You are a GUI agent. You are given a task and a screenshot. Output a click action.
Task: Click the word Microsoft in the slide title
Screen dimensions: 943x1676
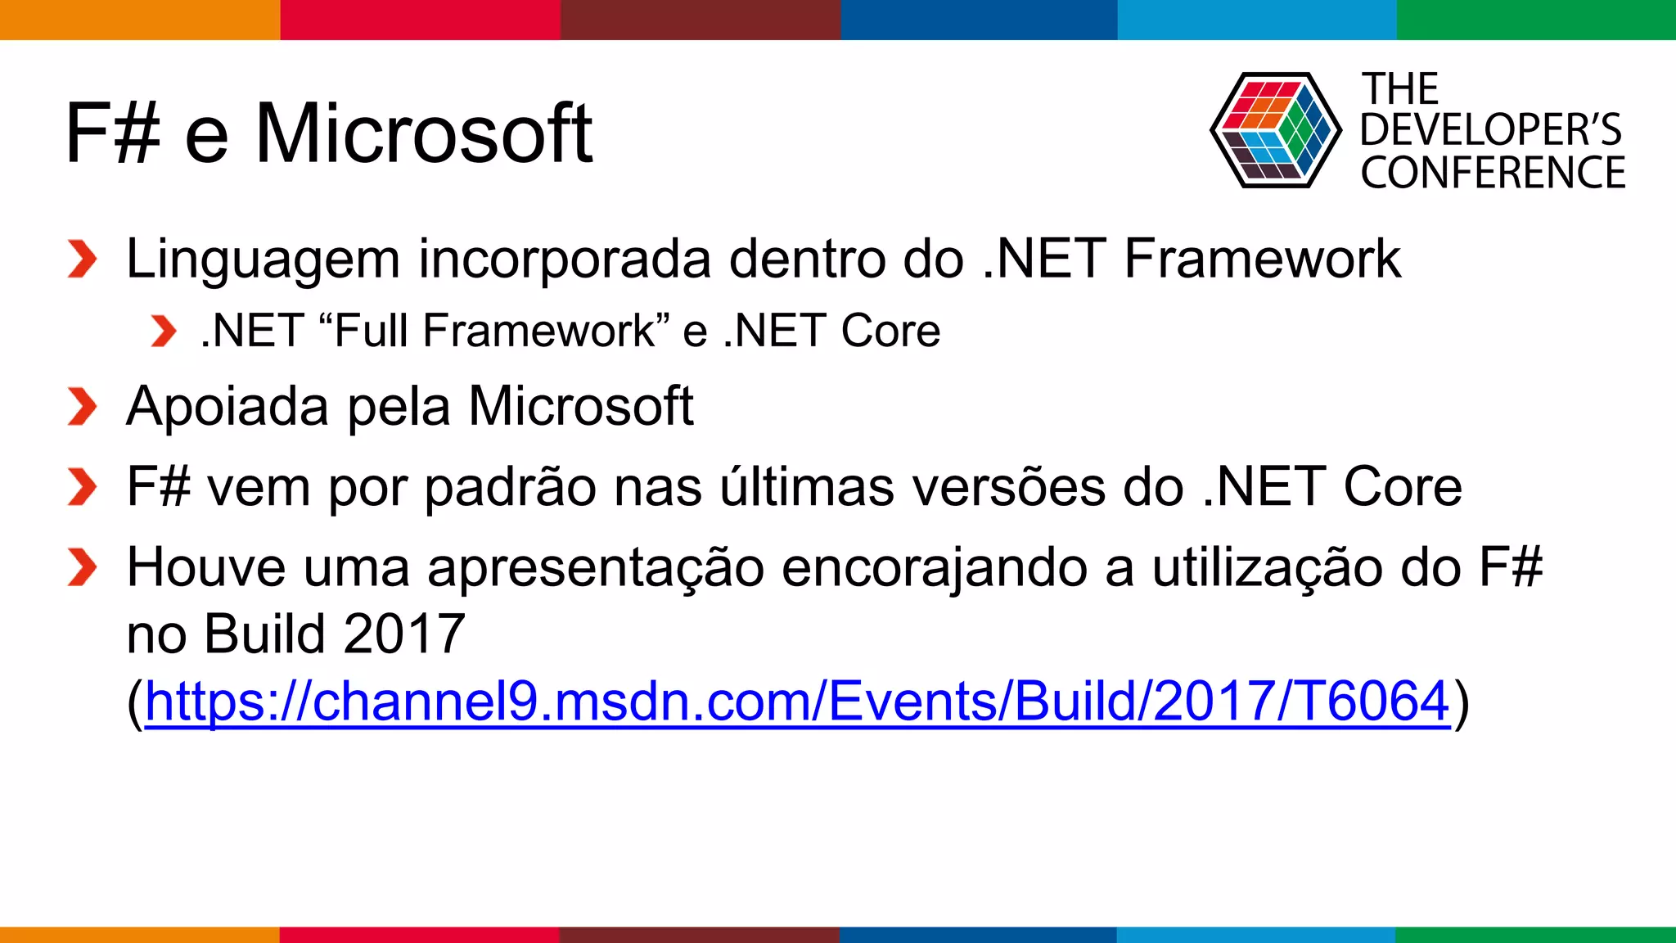click(x=424, y=133)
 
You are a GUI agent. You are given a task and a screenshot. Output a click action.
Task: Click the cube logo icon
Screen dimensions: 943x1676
click(x=1275, y=131)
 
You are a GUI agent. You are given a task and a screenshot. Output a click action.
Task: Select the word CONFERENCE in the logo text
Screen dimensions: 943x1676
click(x=1493, y=173)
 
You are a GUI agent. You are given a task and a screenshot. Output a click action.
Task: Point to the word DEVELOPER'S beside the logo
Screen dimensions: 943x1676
click(x=1490, y=130)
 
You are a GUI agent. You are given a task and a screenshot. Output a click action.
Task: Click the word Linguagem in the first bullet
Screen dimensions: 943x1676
click(x=263, y=260)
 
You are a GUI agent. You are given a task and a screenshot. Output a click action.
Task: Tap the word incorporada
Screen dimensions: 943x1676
click(x=565, y=259)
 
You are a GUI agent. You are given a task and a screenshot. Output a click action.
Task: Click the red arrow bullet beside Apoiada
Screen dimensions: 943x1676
click(x=82, y=407)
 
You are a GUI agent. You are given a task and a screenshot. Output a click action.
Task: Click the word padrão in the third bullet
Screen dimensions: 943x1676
click(x=511, y=488)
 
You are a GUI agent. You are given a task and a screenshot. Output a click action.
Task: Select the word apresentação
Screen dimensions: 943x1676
click(x=596, y=568)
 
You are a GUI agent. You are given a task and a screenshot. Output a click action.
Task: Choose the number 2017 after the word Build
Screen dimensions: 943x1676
click(x=404, y=634)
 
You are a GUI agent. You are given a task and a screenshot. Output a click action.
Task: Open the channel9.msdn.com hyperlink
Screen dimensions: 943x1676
click(x=797, y=702)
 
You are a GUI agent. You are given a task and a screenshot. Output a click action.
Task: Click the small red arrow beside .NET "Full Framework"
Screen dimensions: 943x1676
click(x=164, y=332)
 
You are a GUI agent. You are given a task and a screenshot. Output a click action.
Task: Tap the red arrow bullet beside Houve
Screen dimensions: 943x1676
click(x=82, y=568)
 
